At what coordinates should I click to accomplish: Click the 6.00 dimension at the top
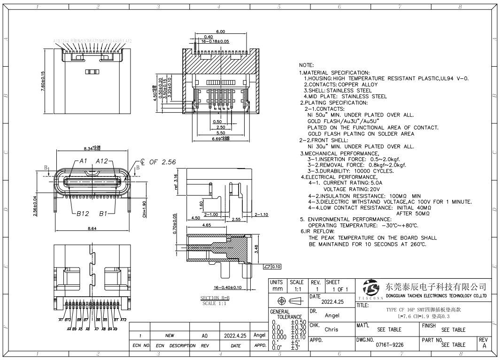coord(220,31)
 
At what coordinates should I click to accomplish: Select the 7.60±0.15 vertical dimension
coord(43,83)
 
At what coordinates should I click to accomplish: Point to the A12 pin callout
coord(102,161)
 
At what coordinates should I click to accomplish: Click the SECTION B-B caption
coord(214,298)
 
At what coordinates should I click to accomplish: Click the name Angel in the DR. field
coord(332,316)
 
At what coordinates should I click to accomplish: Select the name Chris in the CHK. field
coord(332,329)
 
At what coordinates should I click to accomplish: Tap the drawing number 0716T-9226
coord(389,345)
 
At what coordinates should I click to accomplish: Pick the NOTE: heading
coord(307,65)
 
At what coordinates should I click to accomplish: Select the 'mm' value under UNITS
coord(278,290)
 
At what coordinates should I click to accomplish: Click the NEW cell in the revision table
coord(170,336)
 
